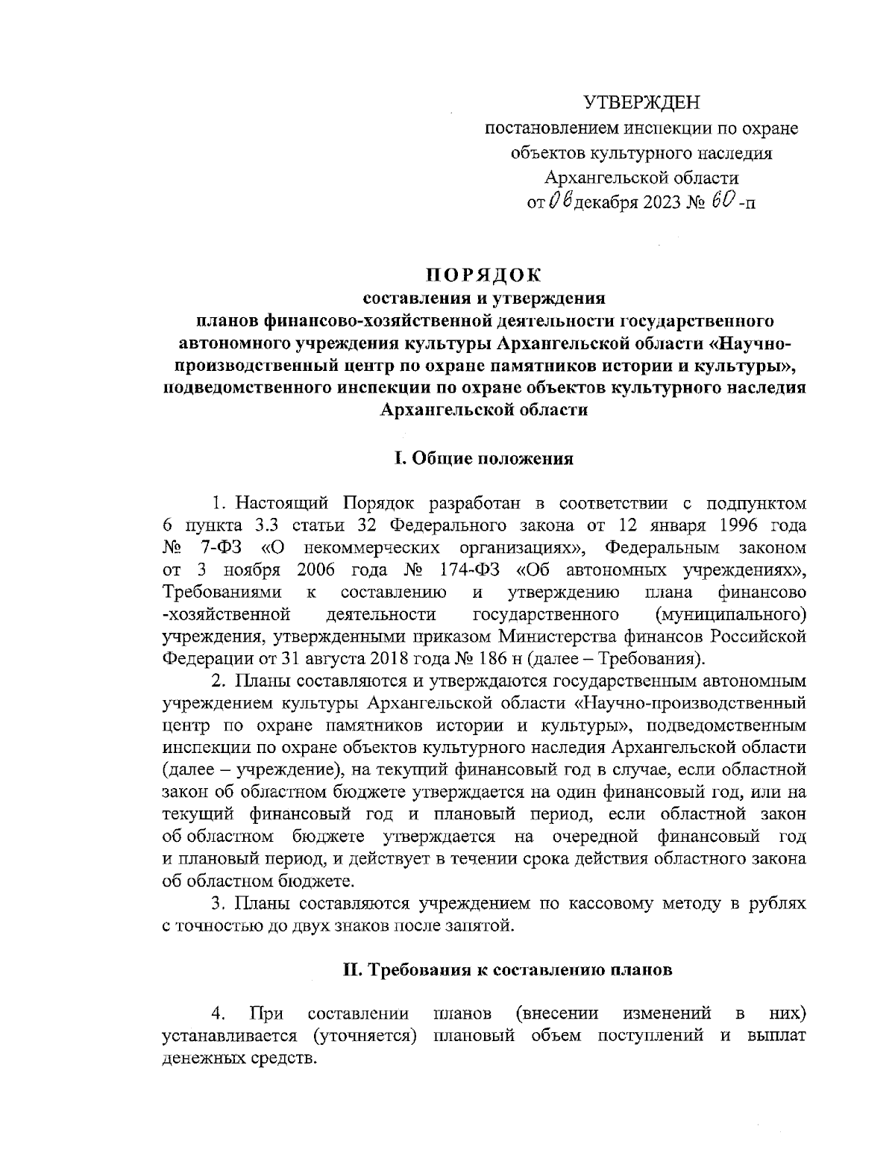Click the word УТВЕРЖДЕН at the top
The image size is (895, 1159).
pos(642,102)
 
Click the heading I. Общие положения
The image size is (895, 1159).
pos(484,459)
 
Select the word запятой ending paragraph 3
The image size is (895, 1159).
pos(486,926)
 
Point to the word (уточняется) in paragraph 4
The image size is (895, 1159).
pos(364,1037)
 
